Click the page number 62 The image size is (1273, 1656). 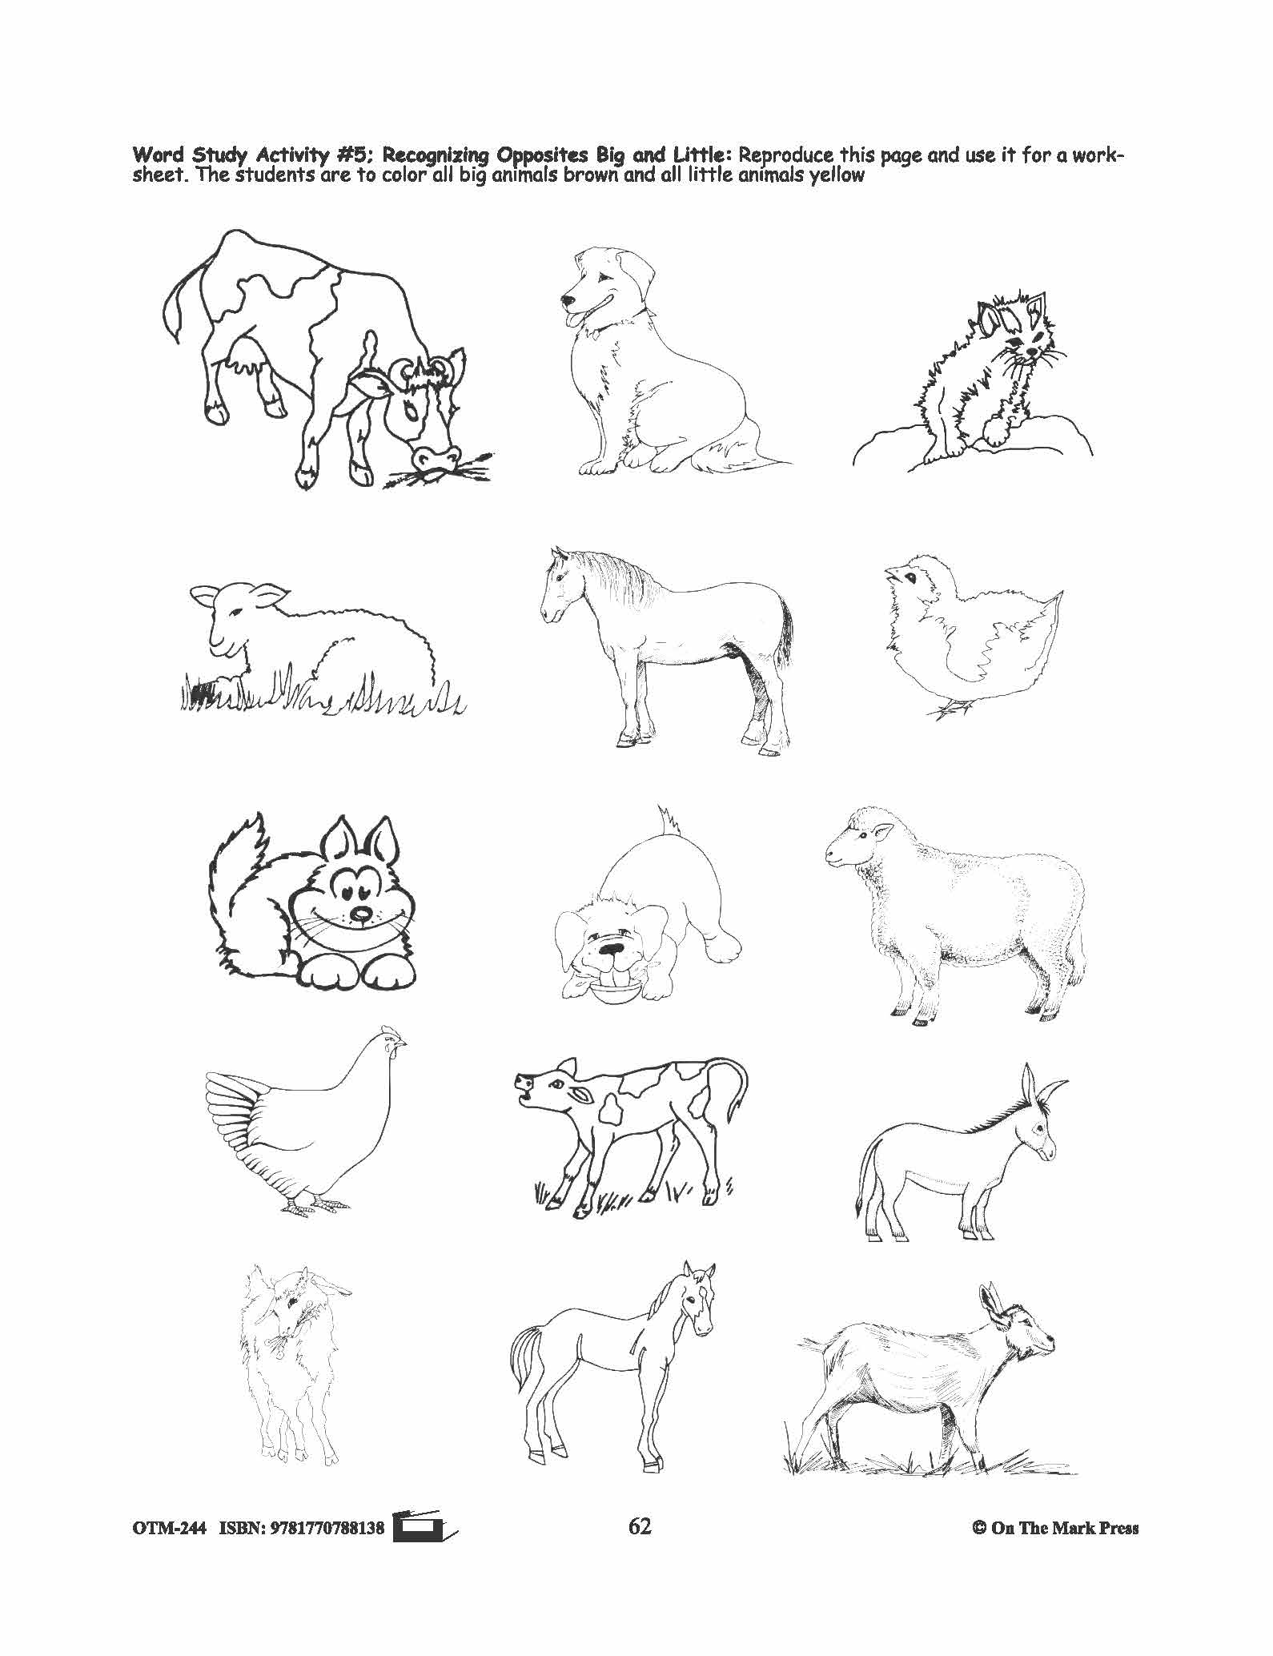pyautogui.click(x=640, y=1549)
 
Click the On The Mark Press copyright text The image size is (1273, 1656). pyautogui.click(x=1054, y=1550)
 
